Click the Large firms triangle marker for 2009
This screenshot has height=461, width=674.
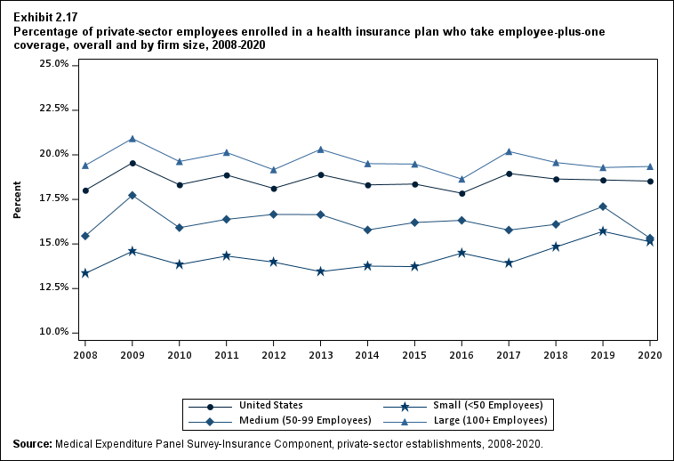(132, 139)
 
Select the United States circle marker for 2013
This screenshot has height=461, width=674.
(320, 174)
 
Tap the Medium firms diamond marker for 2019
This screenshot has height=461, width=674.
(604, 206)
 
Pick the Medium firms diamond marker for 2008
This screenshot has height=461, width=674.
(85, 236)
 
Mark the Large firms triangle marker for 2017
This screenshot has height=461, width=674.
(509, 151)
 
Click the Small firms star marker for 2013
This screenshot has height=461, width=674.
(320, 271)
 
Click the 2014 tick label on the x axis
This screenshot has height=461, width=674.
(368, 354)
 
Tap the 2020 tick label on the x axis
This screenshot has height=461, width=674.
(651, 354)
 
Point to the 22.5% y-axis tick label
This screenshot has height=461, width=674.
(55, 109)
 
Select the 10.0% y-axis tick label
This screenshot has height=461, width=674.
(55, 332)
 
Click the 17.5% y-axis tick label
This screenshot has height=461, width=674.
(55, 198)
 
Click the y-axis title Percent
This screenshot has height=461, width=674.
(17, 199)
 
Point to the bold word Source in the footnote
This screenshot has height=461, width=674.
(32, 443)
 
